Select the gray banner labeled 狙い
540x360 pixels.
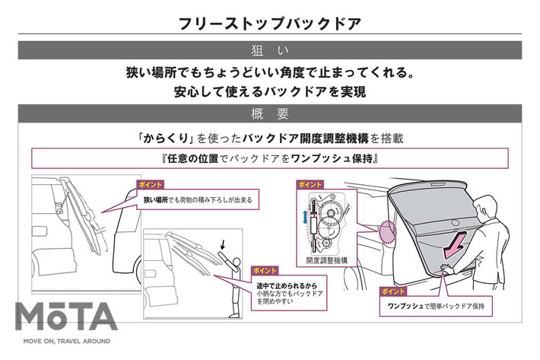[x=269, y=50]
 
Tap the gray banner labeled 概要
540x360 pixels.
[x=269, y=115]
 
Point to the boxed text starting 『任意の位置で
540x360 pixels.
[x=269, y=159]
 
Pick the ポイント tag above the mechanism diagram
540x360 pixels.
[x=308, y=185]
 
